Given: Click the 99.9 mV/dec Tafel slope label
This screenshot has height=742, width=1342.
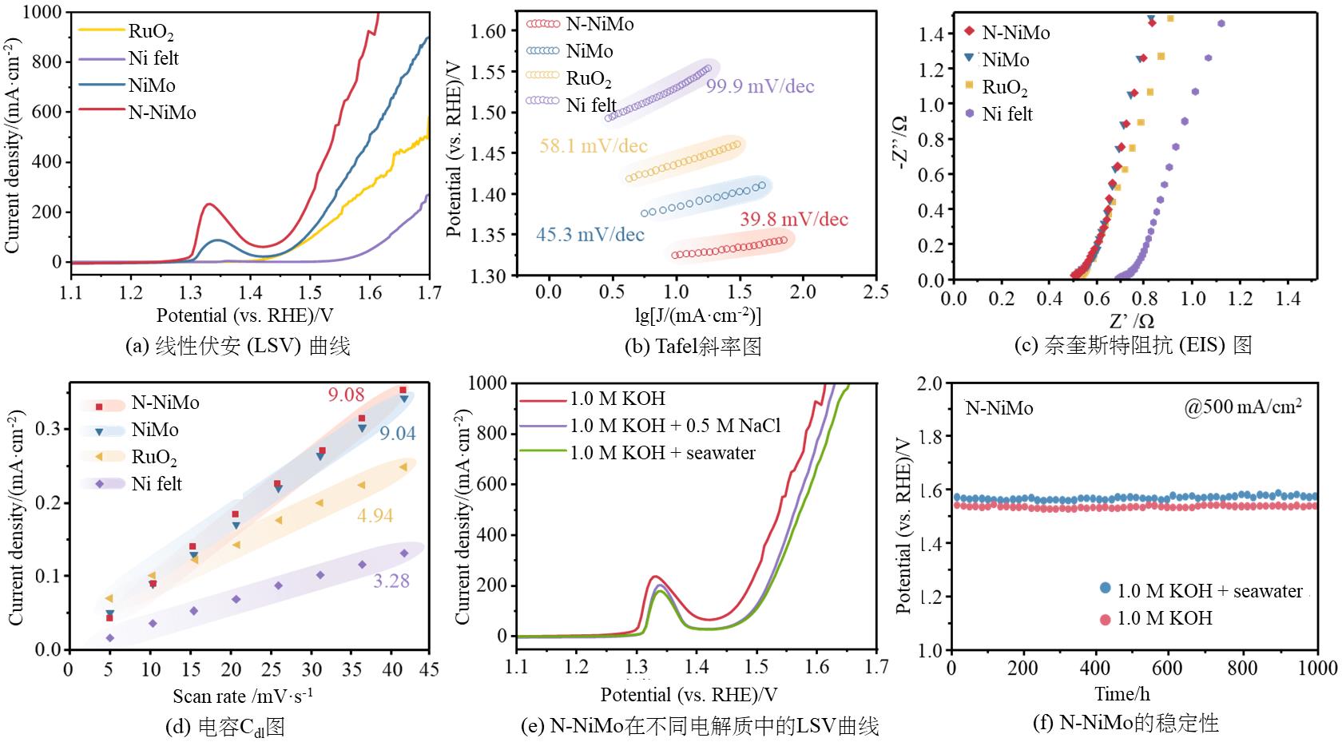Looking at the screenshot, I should (x=760, y=86).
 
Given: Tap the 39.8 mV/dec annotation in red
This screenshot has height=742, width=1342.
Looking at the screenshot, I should (x=793, y=220).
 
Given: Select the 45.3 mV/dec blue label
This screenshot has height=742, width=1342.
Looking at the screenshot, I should (x=590, y=235).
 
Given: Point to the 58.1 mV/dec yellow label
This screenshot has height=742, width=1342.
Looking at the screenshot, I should (x=594, y=146).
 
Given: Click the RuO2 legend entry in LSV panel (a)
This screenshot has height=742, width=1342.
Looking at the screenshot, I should (x=150, y=32).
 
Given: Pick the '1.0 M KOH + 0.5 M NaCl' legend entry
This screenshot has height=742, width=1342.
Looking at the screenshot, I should (x=674, y=426).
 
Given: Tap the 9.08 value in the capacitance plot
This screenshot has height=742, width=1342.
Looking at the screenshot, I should (x=346, y=394).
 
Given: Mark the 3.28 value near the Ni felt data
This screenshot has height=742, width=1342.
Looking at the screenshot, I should (x=391, y=581).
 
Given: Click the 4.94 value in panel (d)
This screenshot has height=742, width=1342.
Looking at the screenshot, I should (x=375, y=516).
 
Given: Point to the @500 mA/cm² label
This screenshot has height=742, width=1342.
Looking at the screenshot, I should (x=1243, y=407).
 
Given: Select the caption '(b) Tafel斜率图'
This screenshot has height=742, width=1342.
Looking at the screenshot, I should (x=693, y=346).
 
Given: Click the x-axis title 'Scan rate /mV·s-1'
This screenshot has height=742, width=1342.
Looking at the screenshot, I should (x=243, y=696).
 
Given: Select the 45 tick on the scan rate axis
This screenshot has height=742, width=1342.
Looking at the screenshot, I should (x=429, y=669).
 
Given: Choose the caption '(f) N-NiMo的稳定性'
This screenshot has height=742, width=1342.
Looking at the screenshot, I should (x=1126, y=724).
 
